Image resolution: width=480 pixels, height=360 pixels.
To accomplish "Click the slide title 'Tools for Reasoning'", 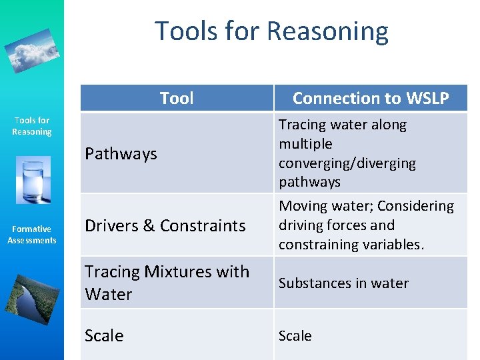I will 271,31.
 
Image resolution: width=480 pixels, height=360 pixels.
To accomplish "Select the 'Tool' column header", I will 177,99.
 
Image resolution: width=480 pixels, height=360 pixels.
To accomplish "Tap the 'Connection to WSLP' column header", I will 371,99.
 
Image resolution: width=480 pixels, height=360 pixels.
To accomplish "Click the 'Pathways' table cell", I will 121,153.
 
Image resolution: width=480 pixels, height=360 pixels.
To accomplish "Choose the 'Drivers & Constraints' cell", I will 165,225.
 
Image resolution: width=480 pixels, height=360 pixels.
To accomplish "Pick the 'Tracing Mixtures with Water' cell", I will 167,283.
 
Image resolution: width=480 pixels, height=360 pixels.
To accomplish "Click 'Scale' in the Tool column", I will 104,335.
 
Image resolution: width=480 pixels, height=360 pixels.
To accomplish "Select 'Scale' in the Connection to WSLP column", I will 295,335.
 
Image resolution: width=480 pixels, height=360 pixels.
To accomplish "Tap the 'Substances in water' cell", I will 343,283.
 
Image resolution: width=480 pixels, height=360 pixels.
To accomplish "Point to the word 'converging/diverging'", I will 347,163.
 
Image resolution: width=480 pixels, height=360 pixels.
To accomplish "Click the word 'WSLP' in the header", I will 427,99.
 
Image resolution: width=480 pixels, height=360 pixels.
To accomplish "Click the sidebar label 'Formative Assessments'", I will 32,235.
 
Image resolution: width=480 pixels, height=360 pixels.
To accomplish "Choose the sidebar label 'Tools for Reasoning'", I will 32,126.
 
